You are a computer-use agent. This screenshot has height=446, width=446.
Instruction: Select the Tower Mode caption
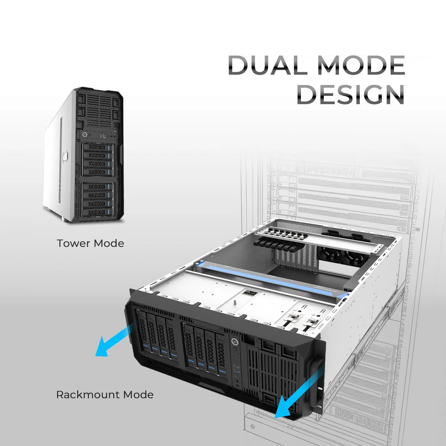tap(90, 243)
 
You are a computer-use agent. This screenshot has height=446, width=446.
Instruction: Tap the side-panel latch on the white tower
tap(65, 157)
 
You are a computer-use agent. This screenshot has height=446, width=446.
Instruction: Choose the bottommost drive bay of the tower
tap(98, 212)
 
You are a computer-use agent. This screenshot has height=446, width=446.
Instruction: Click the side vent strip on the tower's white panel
tap(61, 160)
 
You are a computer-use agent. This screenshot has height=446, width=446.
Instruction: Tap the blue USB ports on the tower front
tap(102, 135)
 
